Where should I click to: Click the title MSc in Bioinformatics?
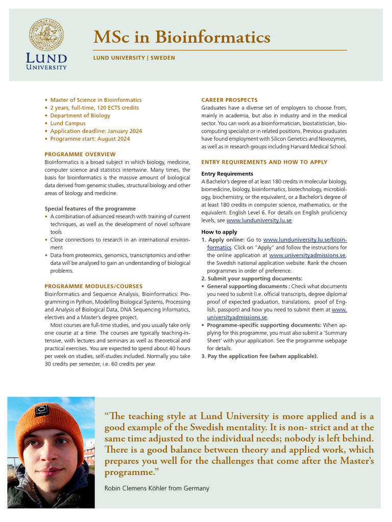click(182, 37)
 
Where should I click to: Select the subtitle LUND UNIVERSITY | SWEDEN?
click(134, 58)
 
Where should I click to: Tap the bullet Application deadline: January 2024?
click(96, 131)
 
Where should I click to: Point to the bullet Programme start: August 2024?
click(90, 139)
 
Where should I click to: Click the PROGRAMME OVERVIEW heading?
click(80, 154)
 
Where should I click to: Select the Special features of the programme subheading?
click(90, 208)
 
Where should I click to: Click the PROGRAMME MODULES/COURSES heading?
click(93, 286)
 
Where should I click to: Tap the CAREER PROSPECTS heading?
click(229, 100)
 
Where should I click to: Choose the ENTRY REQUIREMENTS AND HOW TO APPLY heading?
click(264, 162)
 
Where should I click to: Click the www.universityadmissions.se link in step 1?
click(307, 255)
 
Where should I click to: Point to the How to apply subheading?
click(219, 232)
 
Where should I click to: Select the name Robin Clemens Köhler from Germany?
click(157, 488)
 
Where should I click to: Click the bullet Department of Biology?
click(80, 115)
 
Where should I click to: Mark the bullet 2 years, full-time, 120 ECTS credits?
click(94, 108)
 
